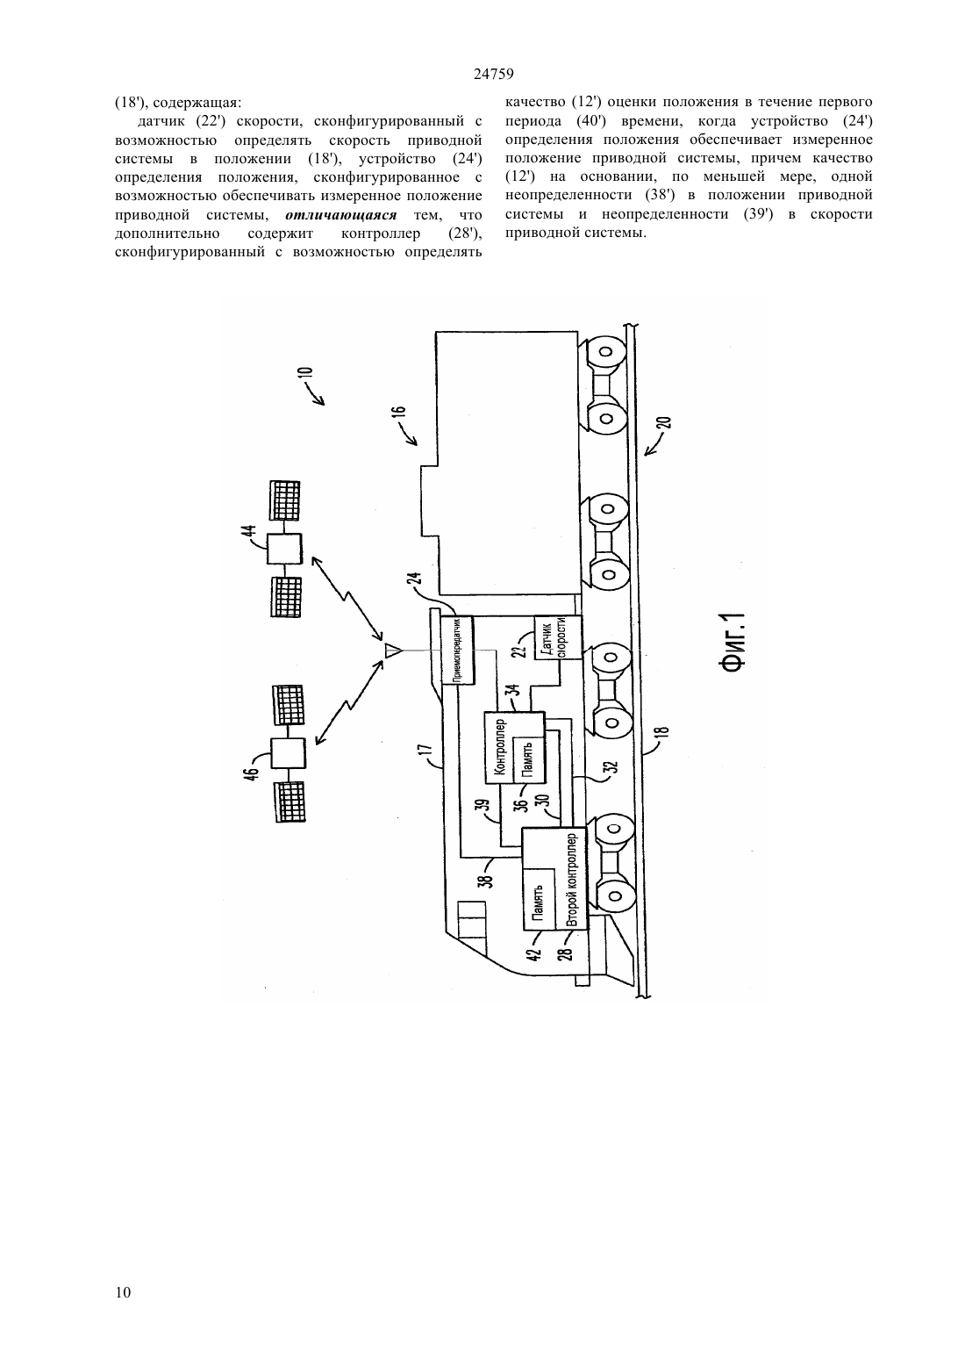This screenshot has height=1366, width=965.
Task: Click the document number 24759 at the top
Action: point(493,75)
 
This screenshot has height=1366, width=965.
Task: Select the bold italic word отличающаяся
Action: point(341,215)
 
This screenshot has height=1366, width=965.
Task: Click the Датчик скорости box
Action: point(557,638)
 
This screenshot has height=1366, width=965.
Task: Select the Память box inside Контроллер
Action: point(529,760)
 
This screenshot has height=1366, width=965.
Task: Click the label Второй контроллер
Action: point(573,878)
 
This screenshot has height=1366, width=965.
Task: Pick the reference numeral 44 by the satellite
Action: point(251,535)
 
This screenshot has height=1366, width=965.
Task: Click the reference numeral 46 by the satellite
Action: point(253,772)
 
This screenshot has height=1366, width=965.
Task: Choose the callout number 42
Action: point(534,953)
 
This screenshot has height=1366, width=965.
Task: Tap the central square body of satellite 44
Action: point(284,549)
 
